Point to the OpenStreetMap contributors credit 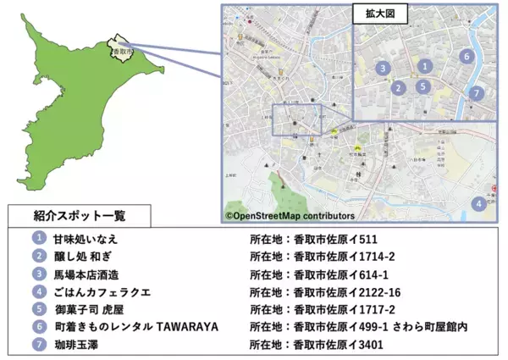(x=290, y=216)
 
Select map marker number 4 (x=479, y=203)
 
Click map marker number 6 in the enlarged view (x=466, y=57)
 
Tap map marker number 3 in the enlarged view (x=383, y=68)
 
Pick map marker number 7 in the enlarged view (x=477, y=93)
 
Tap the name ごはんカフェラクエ (x=102, y=292)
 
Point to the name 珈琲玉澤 (x=80, y=345)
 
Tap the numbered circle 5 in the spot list (x=38, y=309)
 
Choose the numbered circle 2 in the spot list (x=38, y=257)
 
